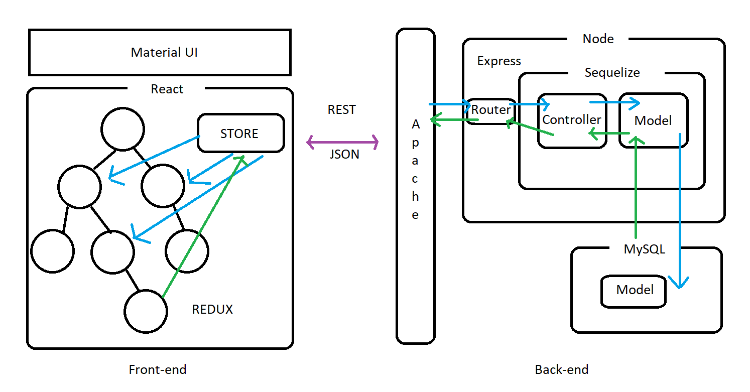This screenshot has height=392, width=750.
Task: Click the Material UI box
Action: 160,52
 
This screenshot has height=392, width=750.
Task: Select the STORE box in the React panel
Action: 240,134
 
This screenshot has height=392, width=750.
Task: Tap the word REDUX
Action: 212,309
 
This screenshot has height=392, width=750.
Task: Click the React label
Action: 167,89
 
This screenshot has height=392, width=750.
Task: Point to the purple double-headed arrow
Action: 342,143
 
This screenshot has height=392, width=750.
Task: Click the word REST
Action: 342,110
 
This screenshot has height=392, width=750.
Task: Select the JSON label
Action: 344,154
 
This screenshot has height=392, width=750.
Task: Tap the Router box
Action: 490,110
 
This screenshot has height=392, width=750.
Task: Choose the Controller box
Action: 571,120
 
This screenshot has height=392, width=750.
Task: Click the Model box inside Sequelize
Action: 653,120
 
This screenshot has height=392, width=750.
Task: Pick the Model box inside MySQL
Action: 635,290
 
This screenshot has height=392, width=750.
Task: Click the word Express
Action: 499,61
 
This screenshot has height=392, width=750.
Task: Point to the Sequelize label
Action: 612,73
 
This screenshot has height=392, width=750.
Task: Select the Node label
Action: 598,39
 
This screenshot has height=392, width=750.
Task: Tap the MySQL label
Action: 644,249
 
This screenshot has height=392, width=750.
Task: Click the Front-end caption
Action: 158,370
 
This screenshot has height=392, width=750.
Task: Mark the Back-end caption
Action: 561,370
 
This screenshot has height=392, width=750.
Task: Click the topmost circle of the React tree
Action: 122,128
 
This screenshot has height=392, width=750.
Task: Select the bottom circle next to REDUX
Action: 146,311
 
